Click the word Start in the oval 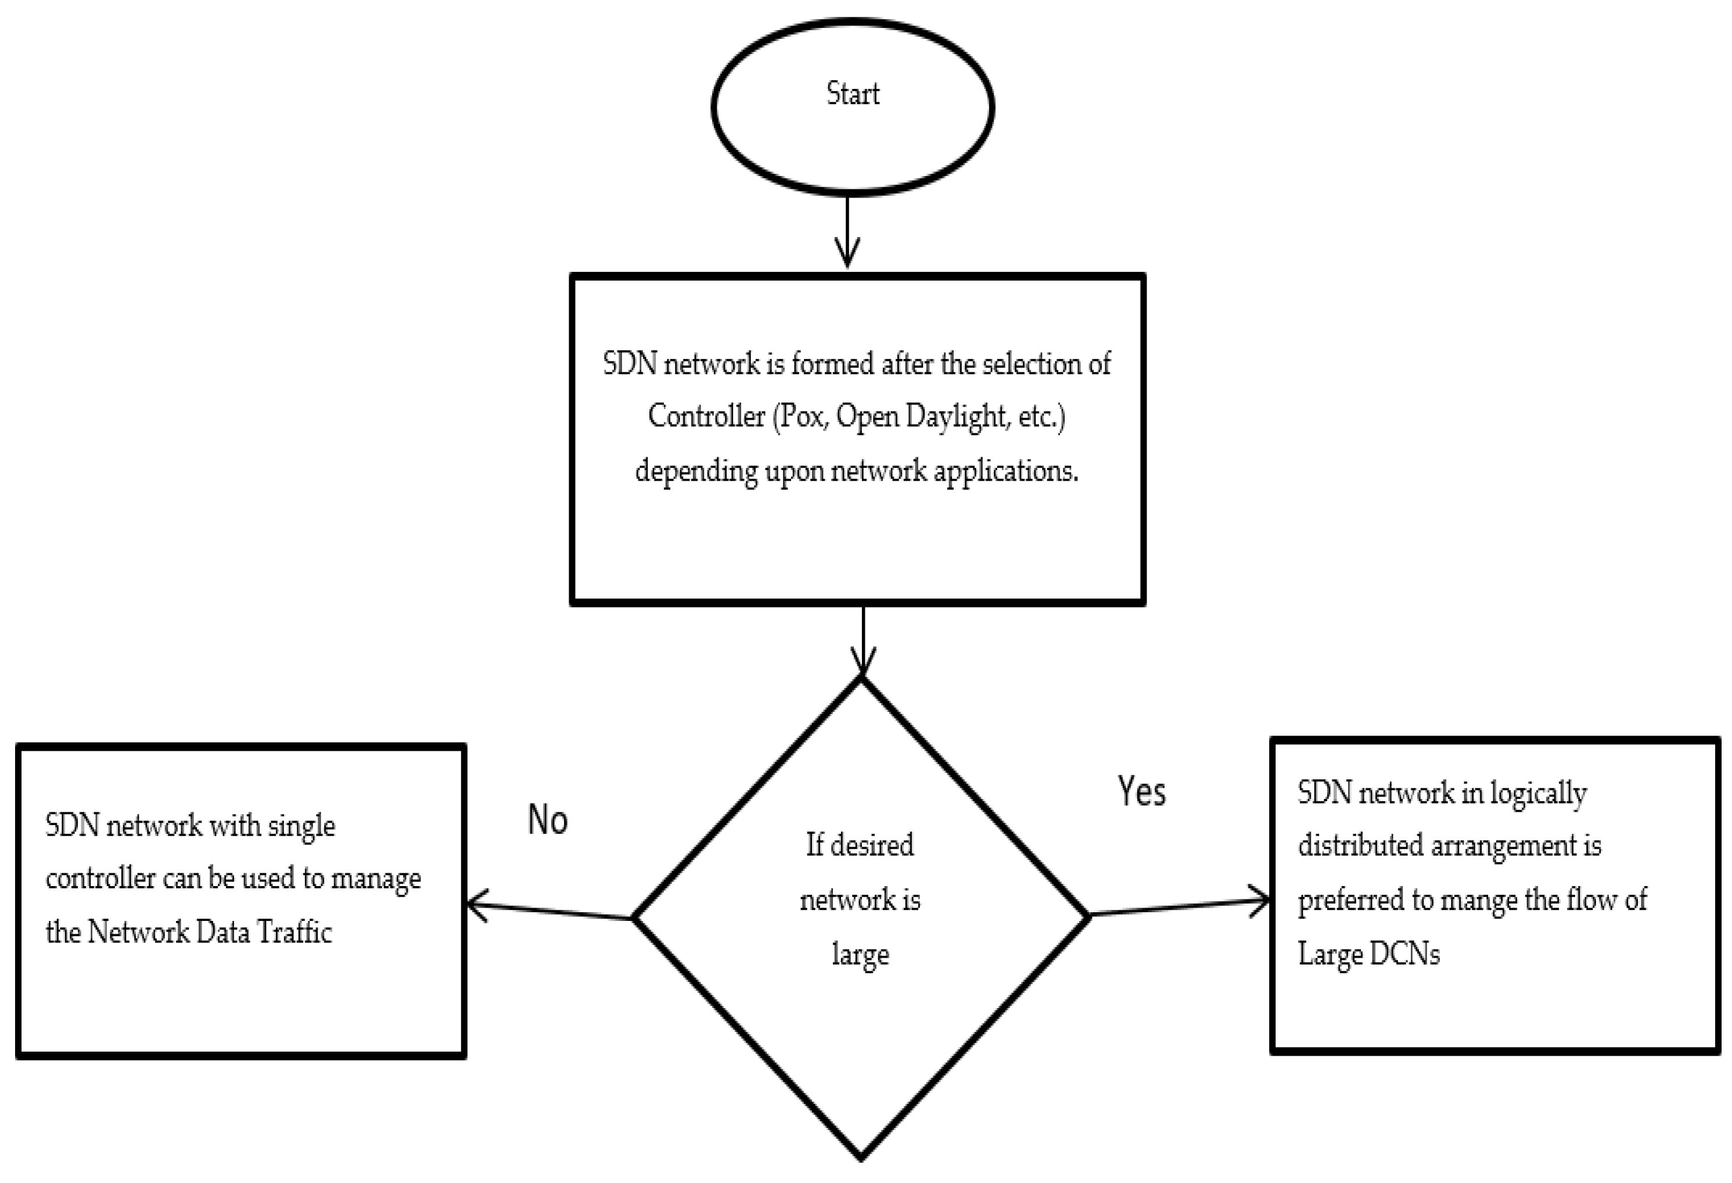coord(853,94)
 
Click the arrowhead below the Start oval coord(847,253)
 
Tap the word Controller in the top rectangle coord(706,416)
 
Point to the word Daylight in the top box coord(957,416)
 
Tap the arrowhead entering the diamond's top coord(863,662)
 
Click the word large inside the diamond coord(860,954)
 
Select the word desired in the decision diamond coord(871,845)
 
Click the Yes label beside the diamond coord(1141,791)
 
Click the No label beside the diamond coord(548,820)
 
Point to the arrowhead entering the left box coord(477,906)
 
